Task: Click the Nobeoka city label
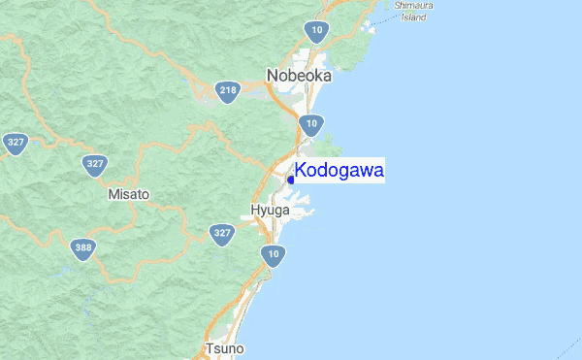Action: (299, 75)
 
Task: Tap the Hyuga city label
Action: (270, 210)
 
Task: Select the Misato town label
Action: (129, 194)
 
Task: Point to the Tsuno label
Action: (225, 348)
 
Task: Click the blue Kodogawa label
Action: (339, 172)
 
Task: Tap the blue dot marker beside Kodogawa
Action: (291, 180)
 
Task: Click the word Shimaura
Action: (413, 6)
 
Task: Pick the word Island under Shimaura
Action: (413, 17)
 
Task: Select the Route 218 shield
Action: (229, 92)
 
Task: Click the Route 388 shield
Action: (83, 249)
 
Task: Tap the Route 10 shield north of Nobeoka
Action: (320, 33)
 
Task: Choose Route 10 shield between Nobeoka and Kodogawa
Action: (310, 123)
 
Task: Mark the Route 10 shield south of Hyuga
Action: (274, 256)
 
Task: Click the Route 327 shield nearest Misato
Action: (94, 164)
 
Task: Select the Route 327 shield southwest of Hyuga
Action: (223, 234)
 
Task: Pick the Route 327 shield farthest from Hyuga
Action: (15, 143)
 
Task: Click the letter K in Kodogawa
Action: (301, 172)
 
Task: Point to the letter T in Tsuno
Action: (210, 348)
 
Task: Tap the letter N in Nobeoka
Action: (273, 75)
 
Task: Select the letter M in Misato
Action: (113, 194)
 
